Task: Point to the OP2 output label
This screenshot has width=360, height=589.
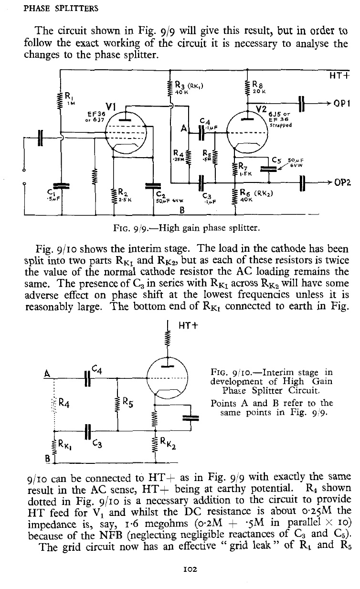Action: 340,182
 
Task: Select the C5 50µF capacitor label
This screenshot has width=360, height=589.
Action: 283,160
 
